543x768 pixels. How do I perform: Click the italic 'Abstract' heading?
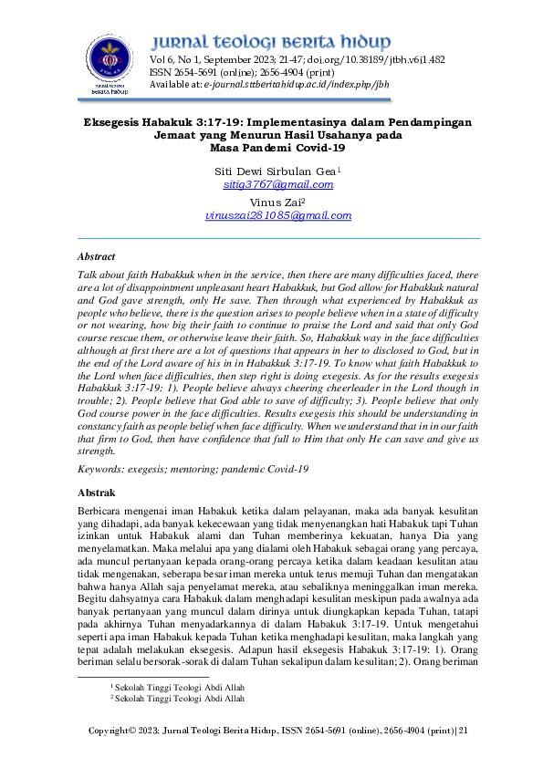click(96, 257)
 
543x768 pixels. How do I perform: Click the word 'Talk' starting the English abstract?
click(88, 275)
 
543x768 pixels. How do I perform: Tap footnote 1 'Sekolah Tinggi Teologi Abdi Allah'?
click(179, 686)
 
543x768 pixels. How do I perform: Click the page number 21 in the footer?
click(463, 731)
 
